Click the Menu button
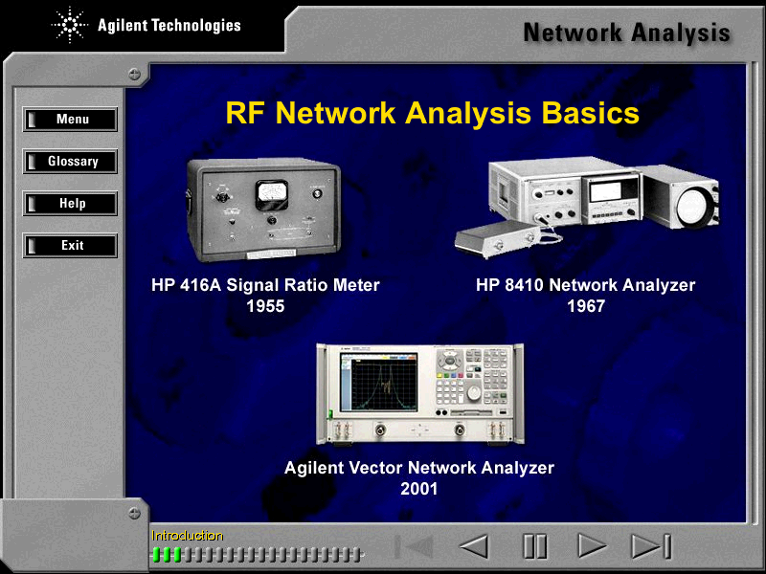point(70,119)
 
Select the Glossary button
point(70,161)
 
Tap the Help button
point(70,203)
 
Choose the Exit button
point(70,245)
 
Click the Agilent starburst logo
point(69,25)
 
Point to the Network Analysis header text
point(627,33)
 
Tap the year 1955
point(265,306)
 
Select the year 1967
point(586,306)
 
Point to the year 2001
point(418,489)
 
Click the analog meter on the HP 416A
point(272,195)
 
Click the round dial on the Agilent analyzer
point(473,392)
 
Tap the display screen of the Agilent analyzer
point(379,383)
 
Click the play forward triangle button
point(591,545)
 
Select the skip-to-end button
point(652,545)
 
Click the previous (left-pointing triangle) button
point(474,545)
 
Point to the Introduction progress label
point(187,536)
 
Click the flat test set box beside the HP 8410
point(497,238)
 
